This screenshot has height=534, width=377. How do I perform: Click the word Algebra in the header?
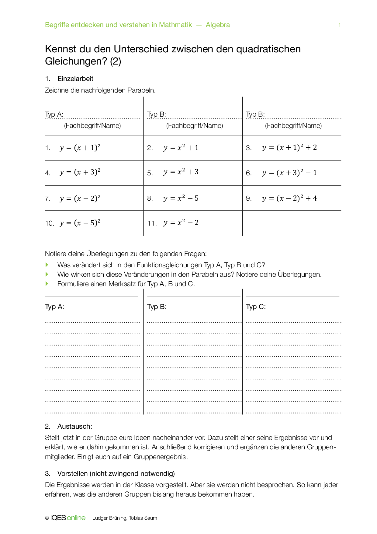(218, 25)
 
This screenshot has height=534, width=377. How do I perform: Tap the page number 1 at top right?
(339, 25)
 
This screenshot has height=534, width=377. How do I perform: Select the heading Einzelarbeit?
(75, 79)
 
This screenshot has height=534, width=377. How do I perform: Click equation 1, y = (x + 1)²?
(80, 148)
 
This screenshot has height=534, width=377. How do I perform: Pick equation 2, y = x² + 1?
(181, 148)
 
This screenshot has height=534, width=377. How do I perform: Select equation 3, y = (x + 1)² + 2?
(289, 147)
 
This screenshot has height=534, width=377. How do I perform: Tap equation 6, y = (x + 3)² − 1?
(289, 173)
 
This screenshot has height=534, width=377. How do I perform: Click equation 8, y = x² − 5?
(181, 198)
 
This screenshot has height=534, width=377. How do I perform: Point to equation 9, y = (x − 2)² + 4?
(289, 198)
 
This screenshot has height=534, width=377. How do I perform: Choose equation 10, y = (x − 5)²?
(80, 223)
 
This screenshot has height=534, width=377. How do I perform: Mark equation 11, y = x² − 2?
(181, 223)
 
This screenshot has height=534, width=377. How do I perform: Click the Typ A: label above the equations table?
(54, 114)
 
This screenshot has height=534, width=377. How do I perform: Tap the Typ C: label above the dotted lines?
(256, 307)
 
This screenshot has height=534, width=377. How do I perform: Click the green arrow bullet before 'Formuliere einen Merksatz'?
(47, 284)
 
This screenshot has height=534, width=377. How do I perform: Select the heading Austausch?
(74, 426)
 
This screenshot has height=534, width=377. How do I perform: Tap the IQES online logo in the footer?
(67, 518)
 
